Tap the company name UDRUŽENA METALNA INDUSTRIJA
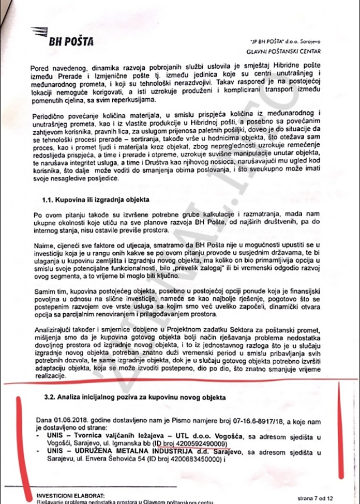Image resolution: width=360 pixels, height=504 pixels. click(116, 451)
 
